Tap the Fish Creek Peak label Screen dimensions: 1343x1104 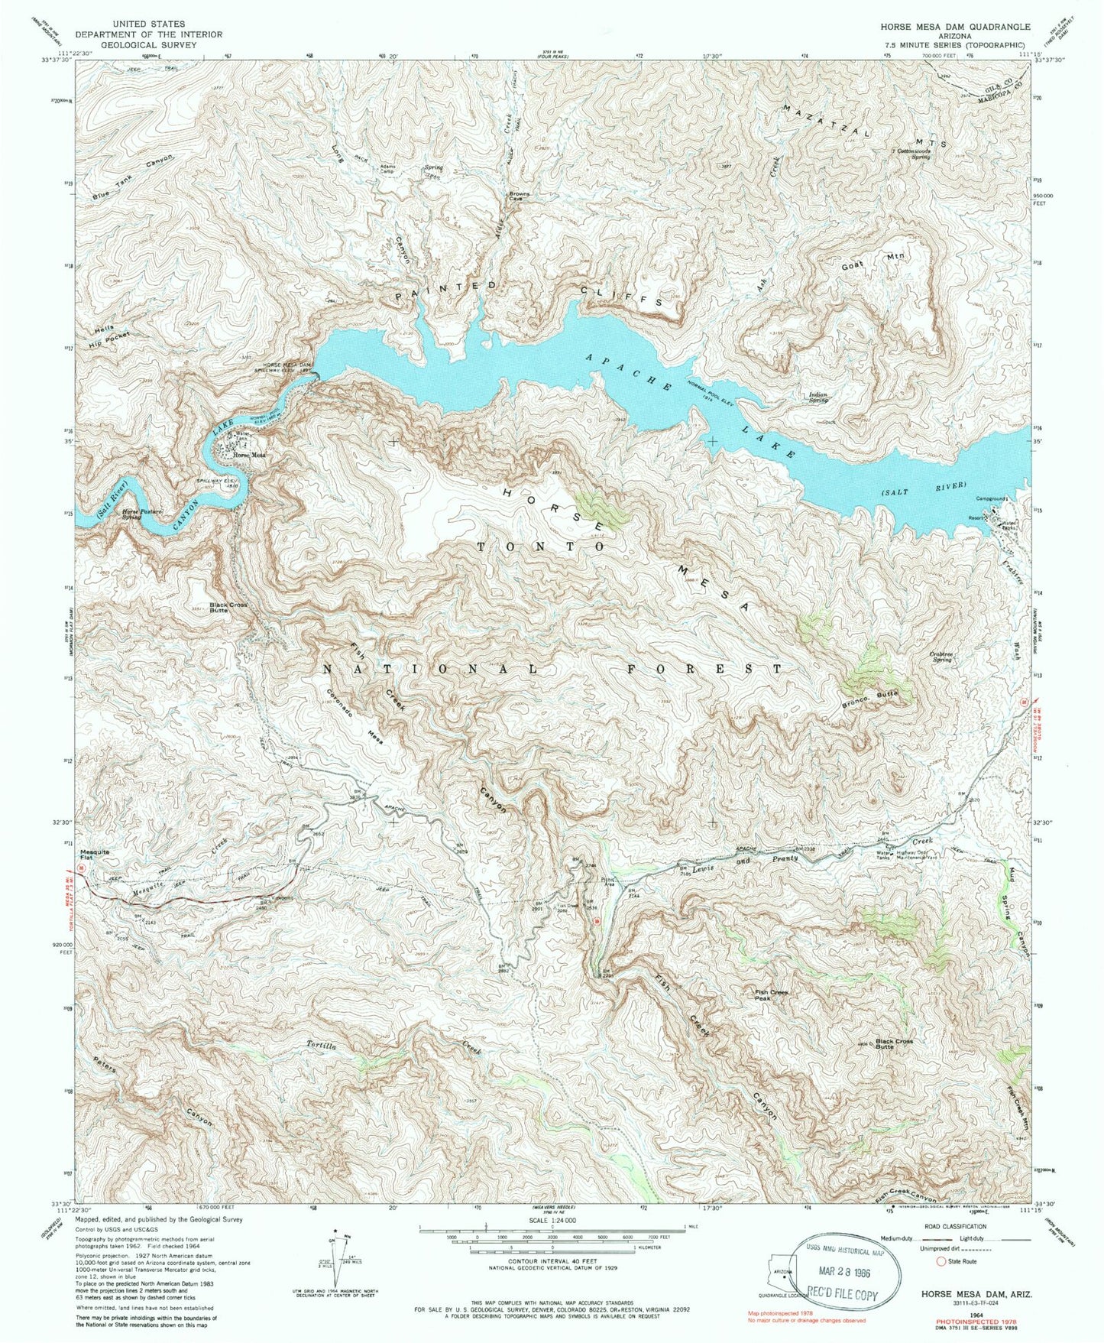[772, 994]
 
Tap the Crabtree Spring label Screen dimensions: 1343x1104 [930, 657]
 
